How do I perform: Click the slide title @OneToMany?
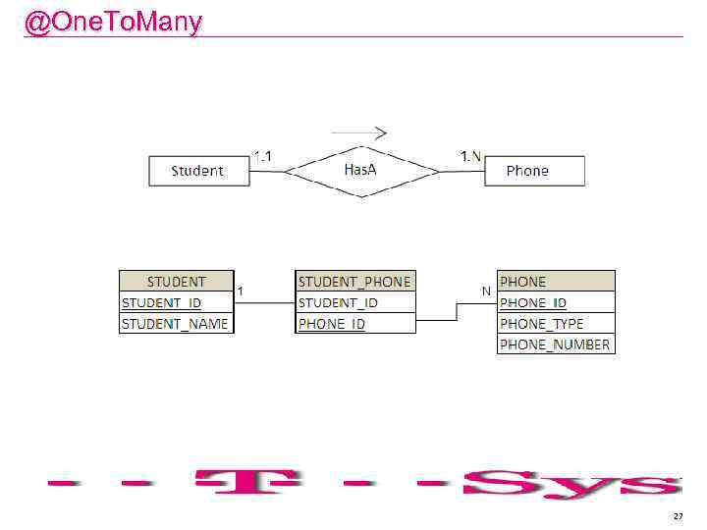[x=113, y=22]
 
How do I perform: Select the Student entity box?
[x=198, y=171]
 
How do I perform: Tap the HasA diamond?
[x=361, y=171]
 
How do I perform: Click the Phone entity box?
[x=533, y=171]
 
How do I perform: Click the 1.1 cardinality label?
[x=262, y=155]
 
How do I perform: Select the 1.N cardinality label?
[x=471, y=155]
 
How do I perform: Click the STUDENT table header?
[x=177, y=282]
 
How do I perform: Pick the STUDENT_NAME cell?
[x=176, y=323]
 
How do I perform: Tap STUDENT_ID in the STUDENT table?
[x=162, y=302]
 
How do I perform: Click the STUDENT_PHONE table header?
[x=354, y=282]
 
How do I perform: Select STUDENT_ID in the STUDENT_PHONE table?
[x=339, y=302]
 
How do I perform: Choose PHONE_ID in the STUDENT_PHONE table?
[x=332, y=323]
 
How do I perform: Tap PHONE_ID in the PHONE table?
[x=533, y=302]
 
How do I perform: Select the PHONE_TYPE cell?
[x=542, y=323]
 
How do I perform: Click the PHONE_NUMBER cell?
[x=555, y=344]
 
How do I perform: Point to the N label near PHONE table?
[x=485, y=291]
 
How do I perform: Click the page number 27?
[x=678, y=515]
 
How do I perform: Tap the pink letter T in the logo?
[x=253, y=482]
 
